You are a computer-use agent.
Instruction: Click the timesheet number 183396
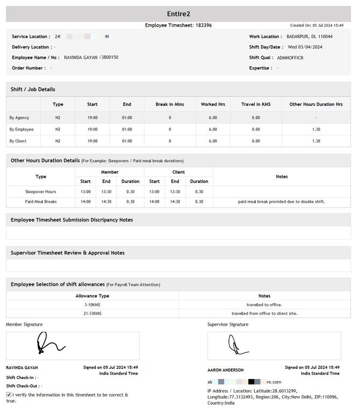click(x=204, y=25)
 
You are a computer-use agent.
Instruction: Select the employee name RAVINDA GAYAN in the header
click(x=81, y=58)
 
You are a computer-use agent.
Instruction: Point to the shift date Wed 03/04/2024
click(x=305, y=47)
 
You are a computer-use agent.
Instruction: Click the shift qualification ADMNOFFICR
click(x=290, y=58)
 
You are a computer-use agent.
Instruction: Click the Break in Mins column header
click(x=170, y=104)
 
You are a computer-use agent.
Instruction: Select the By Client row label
click(x=18, y=141)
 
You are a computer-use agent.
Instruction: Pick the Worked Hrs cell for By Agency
click(x=213, y=117)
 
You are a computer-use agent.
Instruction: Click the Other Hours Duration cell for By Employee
click(x=316, y=129)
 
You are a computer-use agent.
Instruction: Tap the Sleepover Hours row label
click(x=41, y=191)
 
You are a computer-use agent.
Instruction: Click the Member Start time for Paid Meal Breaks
click(x=85, y=202)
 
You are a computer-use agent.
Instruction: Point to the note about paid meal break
click(x=282, y=202)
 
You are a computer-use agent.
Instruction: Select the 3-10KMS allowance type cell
click(x=92, y=305)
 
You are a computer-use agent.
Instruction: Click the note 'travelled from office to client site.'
click(x=264, y=313)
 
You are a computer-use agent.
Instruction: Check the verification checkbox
click(x=9, y=394)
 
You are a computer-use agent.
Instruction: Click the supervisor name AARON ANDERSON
click(x=225, y=370)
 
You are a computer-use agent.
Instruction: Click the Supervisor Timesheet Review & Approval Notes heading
click(x=68, y=253)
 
